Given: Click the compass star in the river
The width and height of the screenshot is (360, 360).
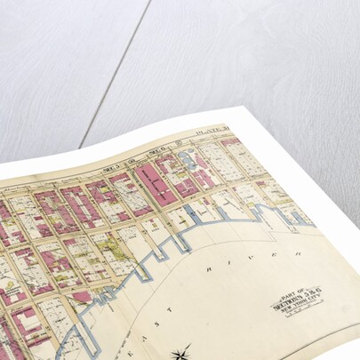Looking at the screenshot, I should click(x=185, y=353).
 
